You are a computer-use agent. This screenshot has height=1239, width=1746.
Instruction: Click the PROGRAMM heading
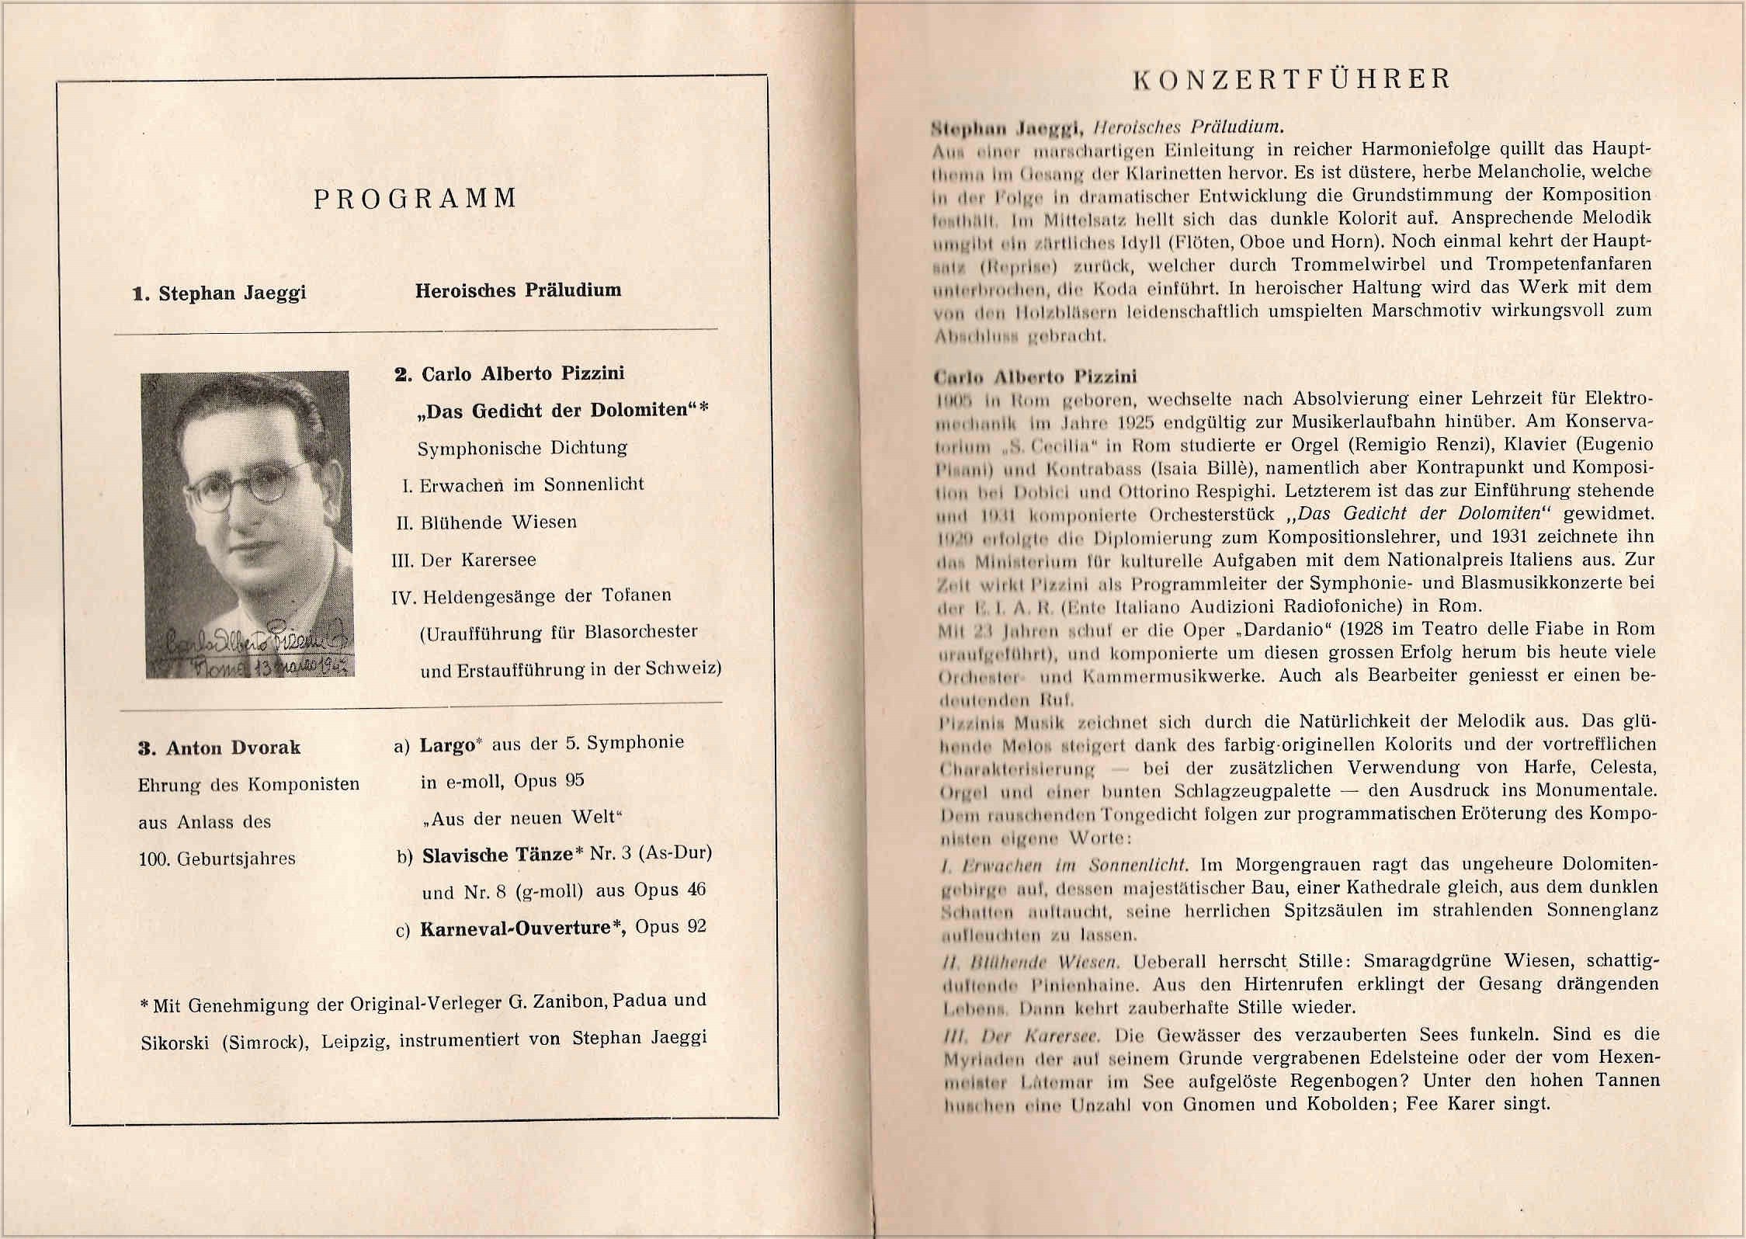pos(415,199)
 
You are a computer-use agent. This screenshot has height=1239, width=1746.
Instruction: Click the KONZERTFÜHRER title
pos(1292,79)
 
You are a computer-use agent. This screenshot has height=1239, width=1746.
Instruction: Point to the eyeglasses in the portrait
pos(247,484)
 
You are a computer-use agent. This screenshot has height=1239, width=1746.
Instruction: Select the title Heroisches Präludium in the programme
pos(518,290)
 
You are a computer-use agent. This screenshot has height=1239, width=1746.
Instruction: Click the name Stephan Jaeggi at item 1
pos(231,293)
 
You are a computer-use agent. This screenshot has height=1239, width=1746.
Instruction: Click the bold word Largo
pos(447,745)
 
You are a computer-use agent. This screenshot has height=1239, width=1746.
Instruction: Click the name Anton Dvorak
pos(233,748)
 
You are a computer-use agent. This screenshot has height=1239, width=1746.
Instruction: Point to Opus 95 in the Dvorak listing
pos(548,780)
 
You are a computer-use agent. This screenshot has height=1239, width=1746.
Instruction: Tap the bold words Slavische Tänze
pos(497,855)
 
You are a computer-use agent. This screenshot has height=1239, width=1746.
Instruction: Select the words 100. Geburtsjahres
pos(217,859)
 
